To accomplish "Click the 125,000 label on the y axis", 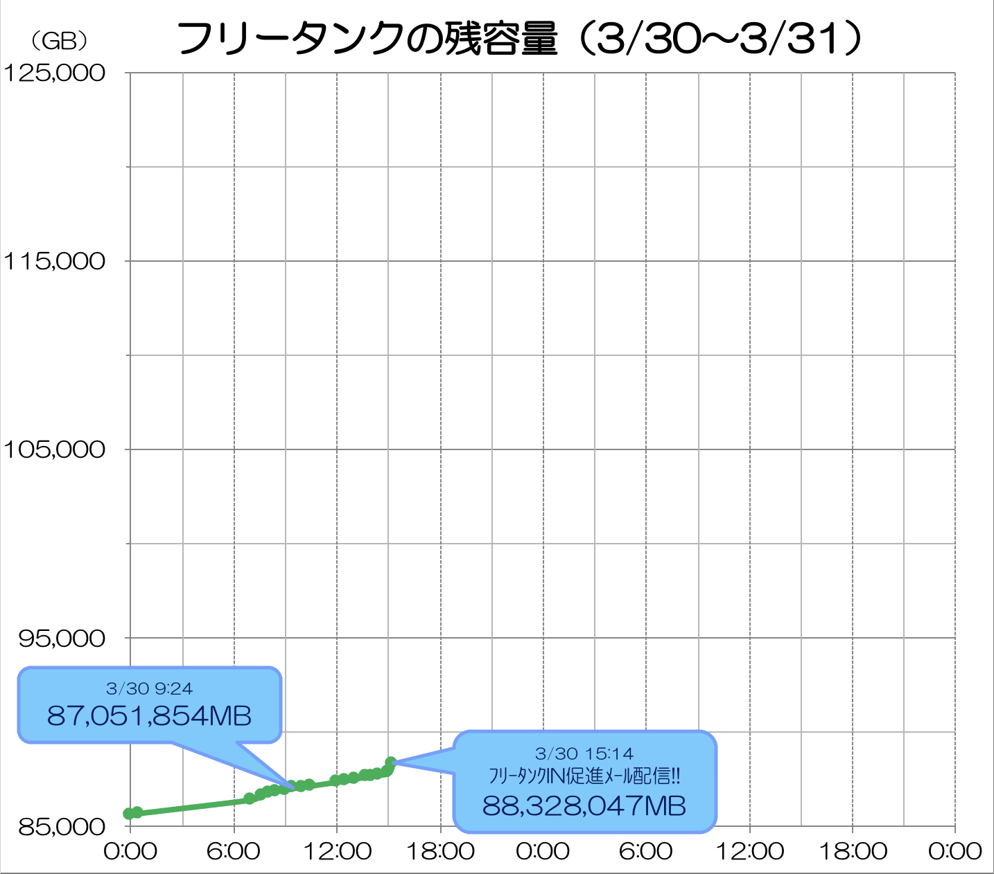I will [x=54, y=73].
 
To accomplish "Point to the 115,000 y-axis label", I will [x=54, y=261].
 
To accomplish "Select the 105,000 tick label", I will [x=54, y=449].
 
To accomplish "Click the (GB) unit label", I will [x=60, y=42].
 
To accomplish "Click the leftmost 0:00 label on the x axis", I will [x=130, y=851].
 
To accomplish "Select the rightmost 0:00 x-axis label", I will [x=954, y=851].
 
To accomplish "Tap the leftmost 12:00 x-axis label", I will [x=337, y=851].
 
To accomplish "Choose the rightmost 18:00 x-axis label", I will [x=853, y=851].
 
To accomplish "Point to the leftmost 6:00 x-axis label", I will [x=234, y=851].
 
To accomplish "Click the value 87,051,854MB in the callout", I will [x=149, y=715].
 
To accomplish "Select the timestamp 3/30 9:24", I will [x=149, y=688].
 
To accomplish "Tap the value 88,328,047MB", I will [x=584, y=805].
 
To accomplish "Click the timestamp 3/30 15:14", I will [x=584, y=753].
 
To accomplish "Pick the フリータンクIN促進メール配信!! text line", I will [x=584, y=776].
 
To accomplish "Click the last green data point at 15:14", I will [x=391, y=762].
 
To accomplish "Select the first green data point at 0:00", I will [x=129, y=813].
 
